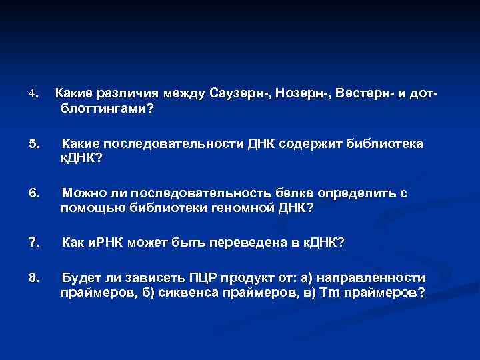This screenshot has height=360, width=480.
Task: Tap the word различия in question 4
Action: (125, 92)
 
